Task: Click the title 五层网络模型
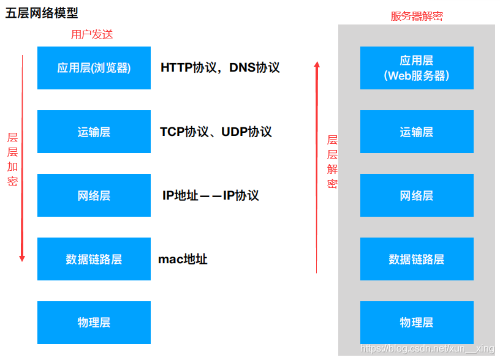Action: (x=42, y=13)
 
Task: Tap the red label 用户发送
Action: (x=92, y=34)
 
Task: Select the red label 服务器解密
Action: (x=417, y=17)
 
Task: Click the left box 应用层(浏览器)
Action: (x=94, y=68)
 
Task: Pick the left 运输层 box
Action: (x=94, y=132)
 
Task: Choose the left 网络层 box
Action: (x=94, y=195)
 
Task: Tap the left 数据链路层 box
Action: (x=94, y=259)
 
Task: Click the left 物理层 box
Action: (x=94, y=322)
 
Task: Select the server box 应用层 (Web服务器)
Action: (x=417, y=68)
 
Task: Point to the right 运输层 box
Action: (x=417, y=132)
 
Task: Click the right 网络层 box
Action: (x=417, y=195)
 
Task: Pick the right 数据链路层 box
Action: (x=417, y=259)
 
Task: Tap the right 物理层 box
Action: (x=417, y=322)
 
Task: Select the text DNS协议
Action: (x=254, y=67)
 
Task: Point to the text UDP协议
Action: (x=246, y=132)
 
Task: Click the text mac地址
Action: (x=183, y=259)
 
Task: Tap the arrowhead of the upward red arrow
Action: (x=317, y=64)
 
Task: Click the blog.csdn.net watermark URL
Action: (x=426, y=348)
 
